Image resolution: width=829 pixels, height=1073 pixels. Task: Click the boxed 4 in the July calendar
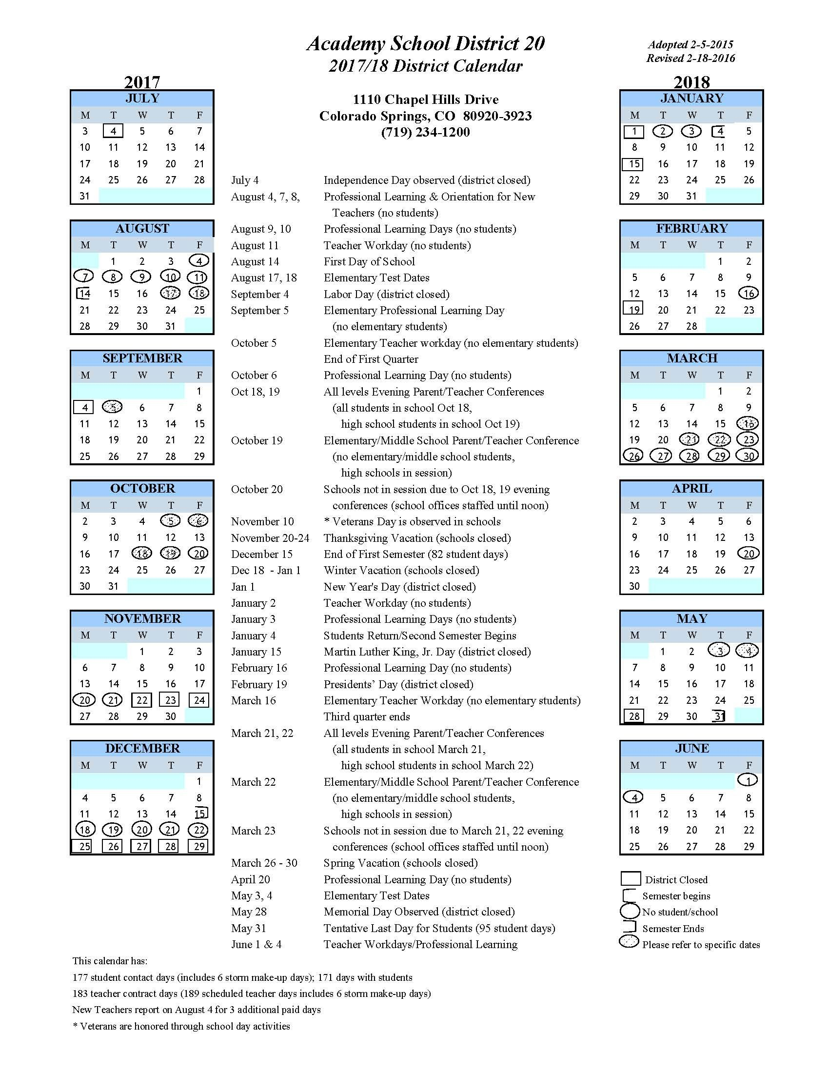[x=113, y=131]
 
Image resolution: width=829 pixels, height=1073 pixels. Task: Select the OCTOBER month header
[x=142, y=488]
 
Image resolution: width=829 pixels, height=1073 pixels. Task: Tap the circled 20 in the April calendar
[x=748, y=554]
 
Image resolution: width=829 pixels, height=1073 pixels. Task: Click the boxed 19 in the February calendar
[x=634, y=310]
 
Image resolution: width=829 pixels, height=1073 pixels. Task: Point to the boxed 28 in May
[x=634, y=716]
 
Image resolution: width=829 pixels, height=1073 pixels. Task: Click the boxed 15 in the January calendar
[x=634, y=163]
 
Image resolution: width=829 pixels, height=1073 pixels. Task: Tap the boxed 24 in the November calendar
[x=199, y=700]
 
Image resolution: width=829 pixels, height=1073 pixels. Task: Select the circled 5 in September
[x=113, y=407]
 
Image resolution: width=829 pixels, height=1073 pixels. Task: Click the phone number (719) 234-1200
[x=425, y=132]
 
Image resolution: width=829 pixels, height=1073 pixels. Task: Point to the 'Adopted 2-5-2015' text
[x=691, y=45]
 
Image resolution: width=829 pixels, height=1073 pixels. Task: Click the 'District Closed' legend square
[x=631, y=879]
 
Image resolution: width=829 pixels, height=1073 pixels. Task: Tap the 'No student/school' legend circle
[x=630, y=912]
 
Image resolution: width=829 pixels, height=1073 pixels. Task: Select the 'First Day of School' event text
[x=369, y=261]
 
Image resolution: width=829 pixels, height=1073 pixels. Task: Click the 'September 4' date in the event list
[x=260, y=294]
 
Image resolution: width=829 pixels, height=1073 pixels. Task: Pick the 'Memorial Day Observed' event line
[x=419, y=912]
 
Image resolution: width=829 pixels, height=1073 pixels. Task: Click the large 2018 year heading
[x=691, y=81]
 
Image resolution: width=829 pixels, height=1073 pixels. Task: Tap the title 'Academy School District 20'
[x=425, y=44]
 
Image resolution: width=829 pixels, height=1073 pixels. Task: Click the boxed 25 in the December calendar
[x=84, y=846]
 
